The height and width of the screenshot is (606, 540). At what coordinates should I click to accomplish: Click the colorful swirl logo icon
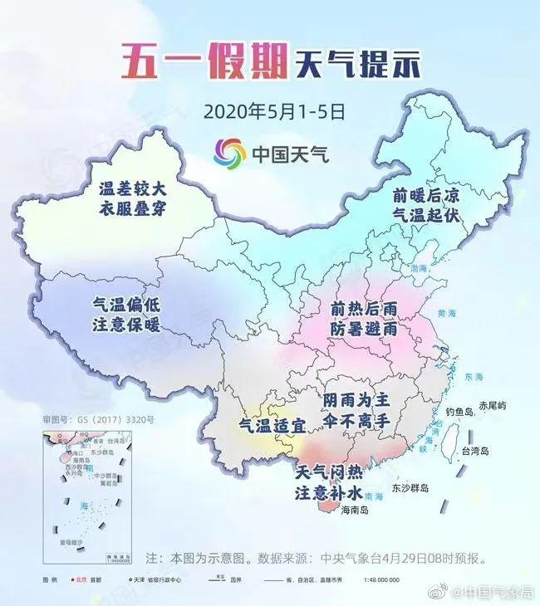[x=230, y=154]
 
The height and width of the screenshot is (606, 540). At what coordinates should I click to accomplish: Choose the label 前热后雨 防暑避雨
[x=364, y=318]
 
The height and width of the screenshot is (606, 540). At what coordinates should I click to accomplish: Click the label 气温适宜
[x=272, y=425]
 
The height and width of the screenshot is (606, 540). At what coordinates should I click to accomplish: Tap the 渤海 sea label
[x=421, y=267]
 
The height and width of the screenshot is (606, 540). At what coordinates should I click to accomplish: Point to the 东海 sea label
[x=475, y=376]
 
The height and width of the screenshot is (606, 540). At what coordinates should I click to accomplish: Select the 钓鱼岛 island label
[x=459, y=410]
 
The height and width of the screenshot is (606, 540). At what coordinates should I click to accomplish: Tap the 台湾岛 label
[x=477, y=451]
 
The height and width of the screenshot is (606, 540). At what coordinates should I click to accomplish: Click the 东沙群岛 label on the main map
[x=410, y=488]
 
